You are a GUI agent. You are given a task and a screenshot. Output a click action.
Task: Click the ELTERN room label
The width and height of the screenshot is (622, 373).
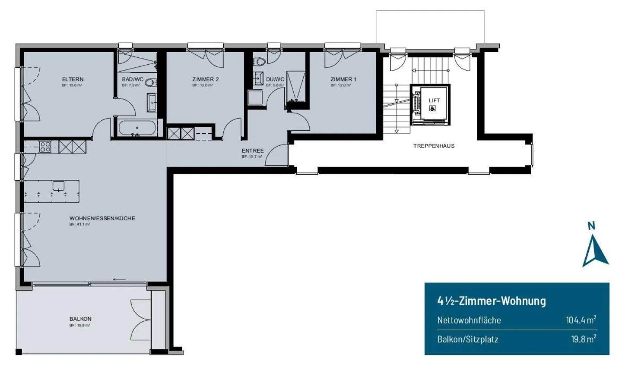point(73,79)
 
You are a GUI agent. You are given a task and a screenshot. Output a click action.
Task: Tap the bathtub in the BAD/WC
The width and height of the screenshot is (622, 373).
point(137,128)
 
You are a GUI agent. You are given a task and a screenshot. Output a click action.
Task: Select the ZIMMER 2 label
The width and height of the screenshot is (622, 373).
point(205,79)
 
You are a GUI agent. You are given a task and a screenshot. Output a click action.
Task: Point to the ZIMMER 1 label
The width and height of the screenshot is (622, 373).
point(343,79)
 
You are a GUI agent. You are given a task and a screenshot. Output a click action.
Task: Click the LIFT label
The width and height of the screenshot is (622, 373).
point(434,100)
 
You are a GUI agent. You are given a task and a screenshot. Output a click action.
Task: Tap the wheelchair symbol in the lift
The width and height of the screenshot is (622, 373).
point(432,108)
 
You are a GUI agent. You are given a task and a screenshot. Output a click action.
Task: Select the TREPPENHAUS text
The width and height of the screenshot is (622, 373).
point(434,146)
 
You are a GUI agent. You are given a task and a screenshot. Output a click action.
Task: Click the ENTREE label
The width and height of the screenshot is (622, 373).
point(253,151)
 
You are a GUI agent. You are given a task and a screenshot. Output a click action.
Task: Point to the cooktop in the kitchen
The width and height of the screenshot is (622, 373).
point(45,147)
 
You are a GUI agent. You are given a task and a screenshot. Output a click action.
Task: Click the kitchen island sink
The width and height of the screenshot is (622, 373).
point(58,186)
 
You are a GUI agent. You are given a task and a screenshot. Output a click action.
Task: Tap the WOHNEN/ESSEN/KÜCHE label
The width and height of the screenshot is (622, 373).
point(102,219)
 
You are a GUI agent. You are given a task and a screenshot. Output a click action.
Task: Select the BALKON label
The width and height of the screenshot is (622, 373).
point(80,319)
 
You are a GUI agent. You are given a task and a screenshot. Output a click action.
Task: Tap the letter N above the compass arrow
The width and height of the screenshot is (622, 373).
point(591,226)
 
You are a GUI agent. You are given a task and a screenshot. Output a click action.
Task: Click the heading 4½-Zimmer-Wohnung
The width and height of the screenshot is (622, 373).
point(492,301)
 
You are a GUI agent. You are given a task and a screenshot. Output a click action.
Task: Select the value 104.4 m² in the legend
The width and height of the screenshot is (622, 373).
point(581,320)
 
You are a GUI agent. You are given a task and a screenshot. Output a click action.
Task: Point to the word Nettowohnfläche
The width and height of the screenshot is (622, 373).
point(469,320)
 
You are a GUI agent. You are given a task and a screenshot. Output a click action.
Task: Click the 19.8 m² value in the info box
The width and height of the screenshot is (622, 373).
point(584,339)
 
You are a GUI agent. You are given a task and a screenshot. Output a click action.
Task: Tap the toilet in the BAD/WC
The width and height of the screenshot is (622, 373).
point(149,83)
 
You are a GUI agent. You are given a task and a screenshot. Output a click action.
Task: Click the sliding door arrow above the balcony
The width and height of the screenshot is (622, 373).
point(119,279)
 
